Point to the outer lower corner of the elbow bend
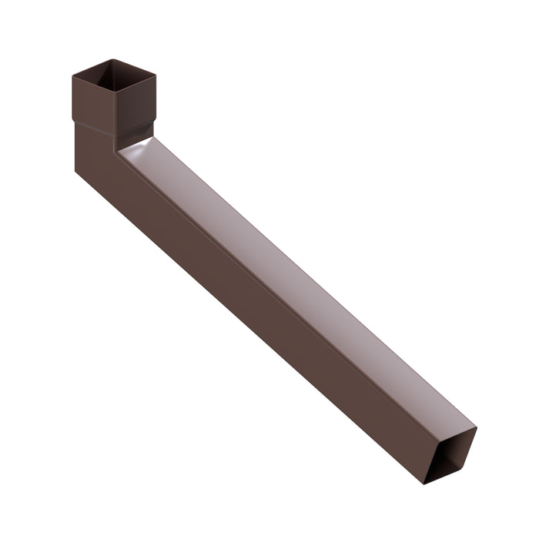76,171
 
